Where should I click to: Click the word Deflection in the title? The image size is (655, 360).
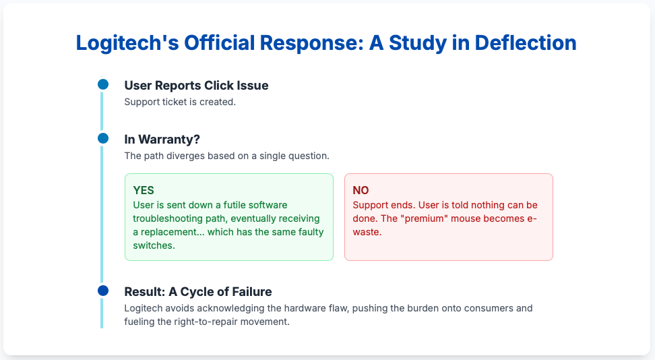(526, 42)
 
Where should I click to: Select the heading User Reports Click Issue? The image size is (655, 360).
(196, 86)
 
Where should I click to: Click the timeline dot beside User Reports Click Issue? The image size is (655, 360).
(103, 84)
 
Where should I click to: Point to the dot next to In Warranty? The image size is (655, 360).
(103, 138)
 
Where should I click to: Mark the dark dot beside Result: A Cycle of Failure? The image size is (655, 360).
(103, 291)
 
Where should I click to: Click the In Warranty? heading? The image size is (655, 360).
(162, 140)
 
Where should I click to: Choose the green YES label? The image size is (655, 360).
(144, 190)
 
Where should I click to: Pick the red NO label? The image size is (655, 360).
(361, 190)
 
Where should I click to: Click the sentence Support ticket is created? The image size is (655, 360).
(180, 102)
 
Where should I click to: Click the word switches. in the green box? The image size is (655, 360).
(154, 245)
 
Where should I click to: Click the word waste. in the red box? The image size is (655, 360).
(367, 232)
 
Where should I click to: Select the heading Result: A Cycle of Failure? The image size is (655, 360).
(198, 291)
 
